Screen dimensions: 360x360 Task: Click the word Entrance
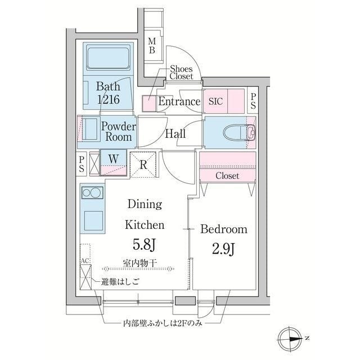click(179, 102)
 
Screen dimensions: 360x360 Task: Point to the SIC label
click(215, 102)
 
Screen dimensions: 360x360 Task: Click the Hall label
click(176, 134)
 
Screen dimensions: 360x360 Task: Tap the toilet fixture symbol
click(240, 133)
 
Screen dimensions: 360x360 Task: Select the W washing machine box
click(113, 159)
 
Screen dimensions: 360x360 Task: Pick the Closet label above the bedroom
click(227, 176)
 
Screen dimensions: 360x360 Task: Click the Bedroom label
click(224, 229)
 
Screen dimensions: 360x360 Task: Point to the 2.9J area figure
click(224, 248)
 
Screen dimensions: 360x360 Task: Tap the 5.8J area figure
click(145, 245)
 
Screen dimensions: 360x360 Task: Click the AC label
click(85, 262)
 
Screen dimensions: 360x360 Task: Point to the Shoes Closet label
click(181, 72)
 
